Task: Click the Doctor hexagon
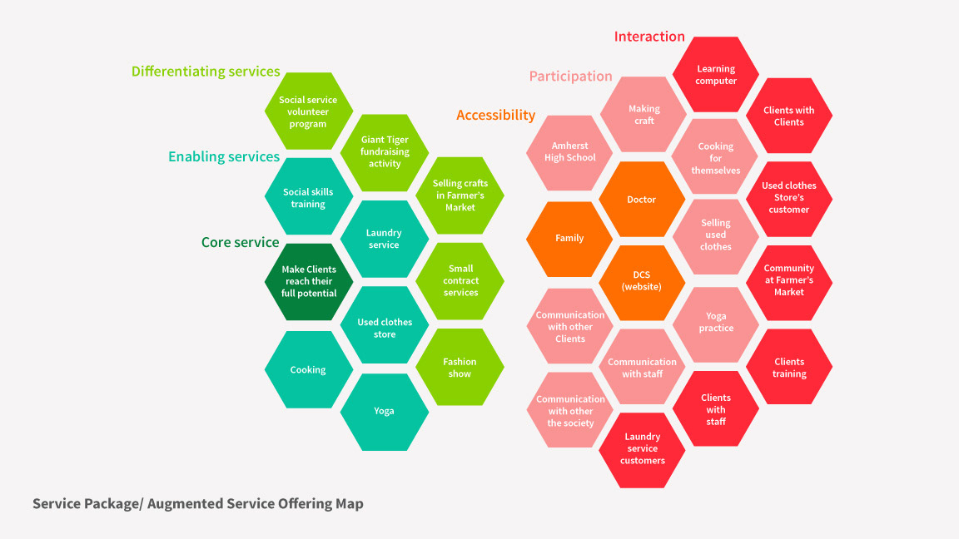coord(641,200)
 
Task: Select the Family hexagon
coord(569,239)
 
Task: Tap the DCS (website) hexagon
coord(641,281)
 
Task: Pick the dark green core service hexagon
coord(309,281)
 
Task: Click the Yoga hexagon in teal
coord(384,411)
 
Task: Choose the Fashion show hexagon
coord(460,368)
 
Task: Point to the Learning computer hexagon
coord(716,75)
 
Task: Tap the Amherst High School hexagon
coord(569,152)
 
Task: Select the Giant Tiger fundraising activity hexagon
coord(385,152)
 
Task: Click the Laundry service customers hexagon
coord(643,449)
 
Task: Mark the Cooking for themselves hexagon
coord(716,158)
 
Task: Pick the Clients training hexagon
coord(789,368)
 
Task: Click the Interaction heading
coord(649,37)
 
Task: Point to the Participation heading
coord(570,77)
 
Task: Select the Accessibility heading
coord(495,115)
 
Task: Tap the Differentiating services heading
coord(206,72)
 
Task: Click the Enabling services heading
coord(224,156)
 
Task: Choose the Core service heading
coord(240,242)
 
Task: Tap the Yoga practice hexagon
coord(716,322)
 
